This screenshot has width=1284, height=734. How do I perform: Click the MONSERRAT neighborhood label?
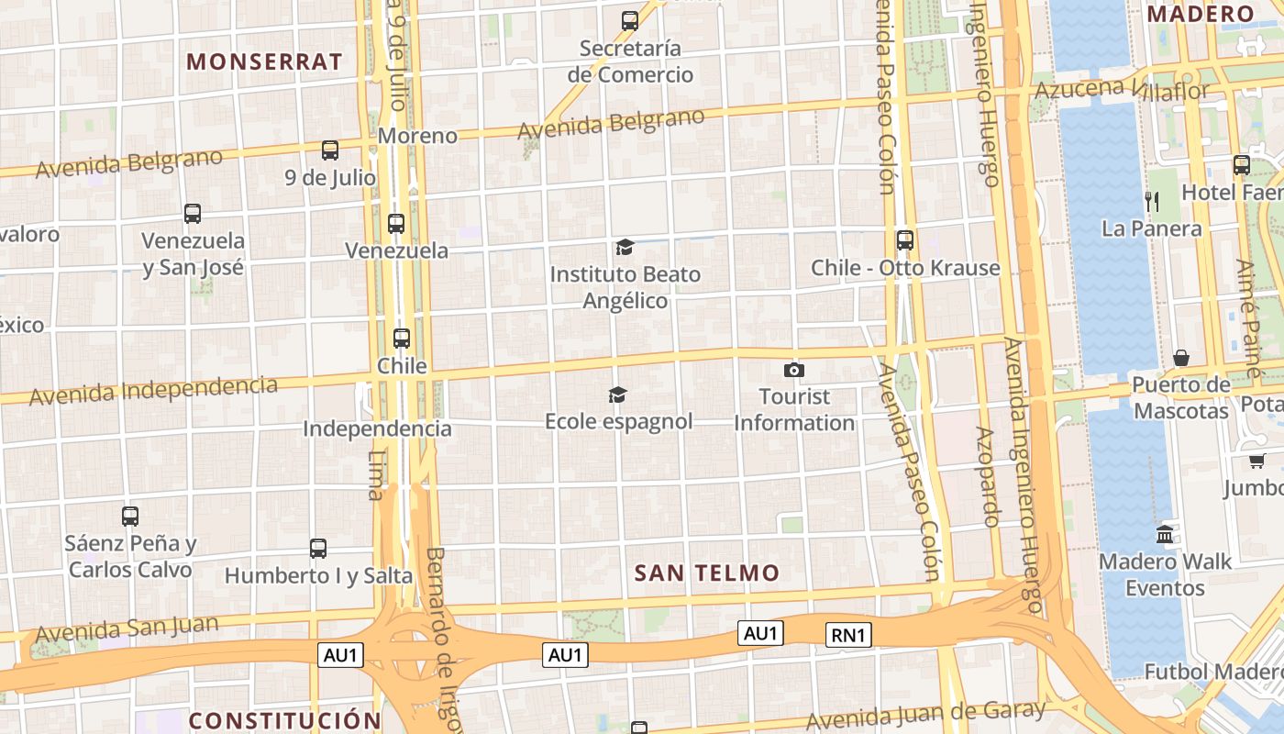click(264, 62)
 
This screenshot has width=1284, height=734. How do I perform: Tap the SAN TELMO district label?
click(707, 573)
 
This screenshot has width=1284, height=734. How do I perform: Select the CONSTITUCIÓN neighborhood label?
click(284, 720)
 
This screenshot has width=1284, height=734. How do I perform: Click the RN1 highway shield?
click(848, 635)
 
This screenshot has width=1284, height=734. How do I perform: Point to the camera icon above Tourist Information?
click(794, 370)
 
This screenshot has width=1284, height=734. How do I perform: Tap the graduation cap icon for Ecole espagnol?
click(618, 395)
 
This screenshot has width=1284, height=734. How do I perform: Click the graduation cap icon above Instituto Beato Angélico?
click(625, 247)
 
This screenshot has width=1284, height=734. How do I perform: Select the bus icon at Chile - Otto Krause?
click(905, 240)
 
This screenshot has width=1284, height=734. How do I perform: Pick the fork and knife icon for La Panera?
click(1152, 201)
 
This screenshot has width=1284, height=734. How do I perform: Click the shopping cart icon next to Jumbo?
click(1256, 461)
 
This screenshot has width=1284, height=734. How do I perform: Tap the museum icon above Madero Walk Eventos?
click(1165, 534)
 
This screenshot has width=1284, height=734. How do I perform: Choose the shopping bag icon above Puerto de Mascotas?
click(1181, 358)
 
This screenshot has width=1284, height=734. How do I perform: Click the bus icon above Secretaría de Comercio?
click(630, 20)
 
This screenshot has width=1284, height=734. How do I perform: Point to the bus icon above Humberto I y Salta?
click(318, 549)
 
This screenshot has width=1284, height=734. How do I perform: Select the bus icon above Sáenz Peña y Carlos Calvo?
click(130, 517)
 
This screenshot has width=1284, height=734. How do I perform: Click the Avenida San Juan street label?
click(127, 629)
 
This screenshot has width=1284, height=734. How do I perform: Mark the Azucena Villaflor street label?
click(1122, 89)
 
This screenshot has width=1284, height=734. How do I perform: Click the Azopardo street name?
click(988, 477)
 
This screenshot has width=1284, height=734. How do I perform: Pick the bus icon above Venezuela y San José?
click(193, 214)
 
